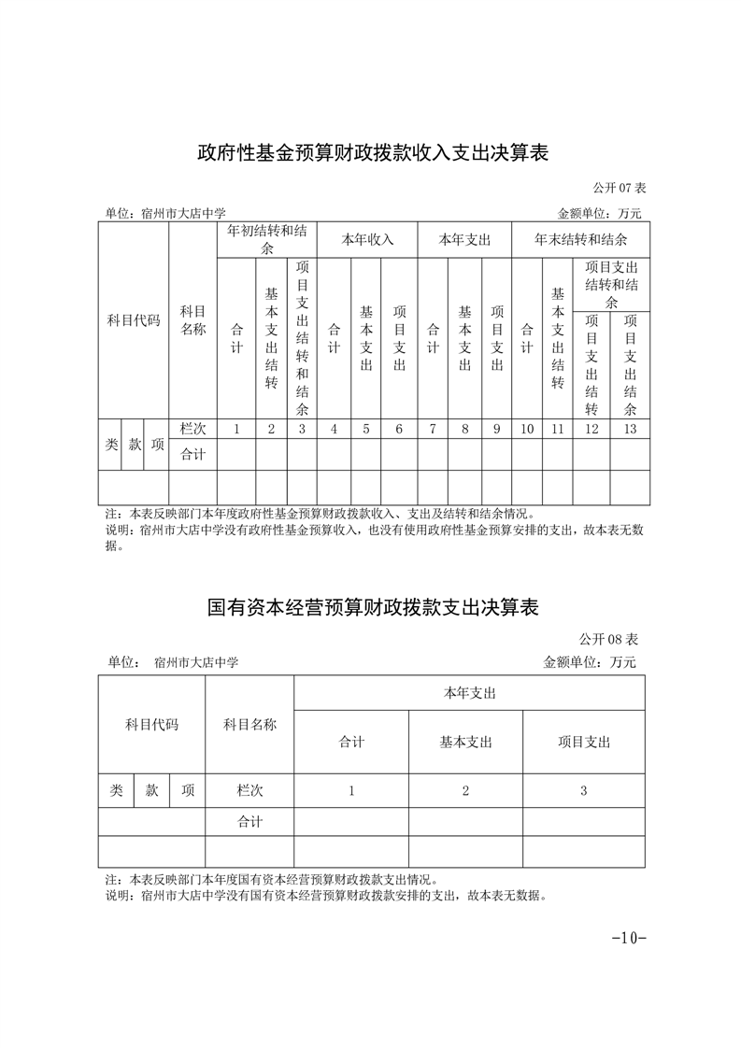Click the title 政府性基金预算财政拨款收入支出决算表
[371, 152]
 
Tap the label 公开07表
[620, 188]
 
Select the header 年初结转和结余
[267, 239]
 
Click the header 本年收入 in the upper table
[367, 239]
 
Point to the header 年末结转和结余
[580, 239]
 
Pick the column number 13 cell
[630, 429]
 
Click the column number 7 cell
[433, 429]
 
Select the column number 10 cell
[527, 429]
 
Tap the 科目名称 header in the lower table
[249, 724]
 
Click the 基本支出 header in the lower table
[465, 742]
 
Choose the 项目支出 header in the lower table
[583, 742]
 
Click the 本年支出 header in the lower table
[469, 693]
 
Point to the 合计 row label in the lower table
[249, 822]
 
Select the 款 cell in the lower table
[151, 790]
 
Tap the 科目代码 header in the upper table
[134, 320]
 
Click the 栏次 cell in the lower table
[249, 790]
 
